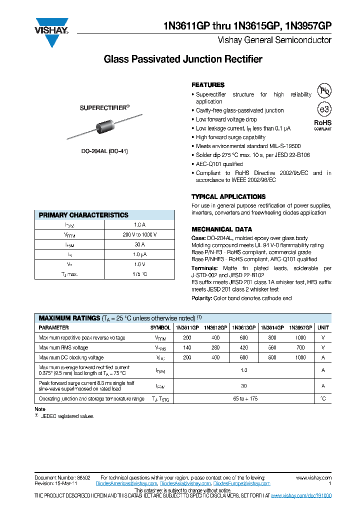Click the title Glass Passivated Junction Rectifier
click(182, 59)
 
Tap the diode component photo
click(105, 127)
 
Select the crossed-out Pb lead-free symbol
click(325, 90)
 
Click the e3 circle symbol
click(324, 109)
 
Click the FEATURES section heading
click(208, 85)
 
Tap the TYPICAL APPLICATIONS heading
click(228, 197)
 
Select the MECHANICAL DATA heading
click(221, 229)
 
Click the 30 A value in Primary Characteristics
click(139, 245)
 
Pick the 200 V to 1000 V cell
click(139, 235)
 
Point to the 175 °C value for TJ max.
click(139, 274)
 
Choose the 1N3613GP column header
click(243, 328)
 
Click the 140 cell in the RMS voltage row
click(187, 348)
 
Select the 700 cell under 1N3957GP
click(300, 348)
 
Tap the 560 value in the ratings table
click(272, 348)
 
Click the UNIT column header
click(323, 328)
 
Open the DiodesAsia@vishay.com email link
click(185, 484)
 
